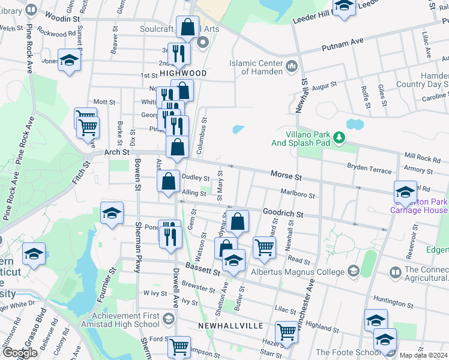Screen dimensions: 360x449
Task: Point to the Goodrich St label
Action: [283, 214]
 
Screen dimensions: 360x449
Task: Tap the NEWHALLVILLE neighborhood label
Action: [230, 325]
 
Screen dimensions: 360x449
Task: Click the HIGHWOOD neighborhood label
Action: [183, 73]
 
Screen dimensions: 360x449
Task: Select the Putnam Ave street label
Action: [343, 42]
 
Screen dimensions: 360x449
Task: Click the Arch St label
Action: [118, 152]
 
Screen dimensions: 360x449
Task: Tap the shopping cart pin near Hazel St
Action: [286, 332]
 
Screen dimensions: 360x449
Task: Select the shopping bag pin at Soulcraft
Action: [187, 27]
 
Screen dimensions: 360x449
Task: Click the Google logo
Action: [20, 353]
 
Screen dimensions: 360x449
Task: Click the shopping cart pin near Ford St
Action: [179, 346]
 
